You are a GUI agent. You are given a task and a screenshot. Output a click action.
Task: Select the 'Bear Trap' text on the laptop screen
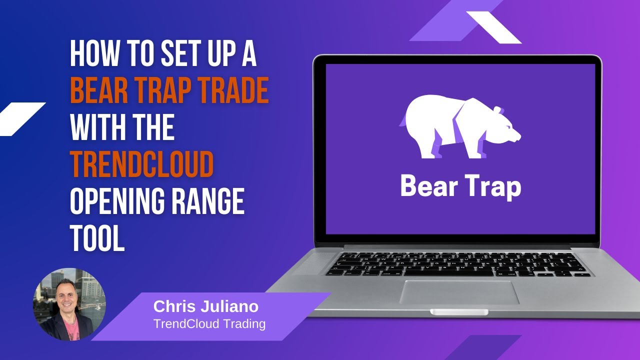460,186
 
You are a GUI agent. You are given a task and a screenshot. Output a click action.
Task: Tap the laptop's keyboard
457,263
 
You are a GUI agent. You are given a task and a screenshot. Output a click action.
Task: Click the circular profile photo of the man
69,304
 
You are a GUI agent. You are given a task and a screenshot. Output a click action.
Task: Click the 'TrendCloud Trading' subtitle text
209,323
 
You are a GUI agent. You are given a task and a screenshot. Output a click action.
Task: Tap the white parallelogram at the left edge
20,118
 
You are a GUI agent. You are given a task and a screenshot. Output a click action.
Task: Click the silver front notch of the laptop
459,312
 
